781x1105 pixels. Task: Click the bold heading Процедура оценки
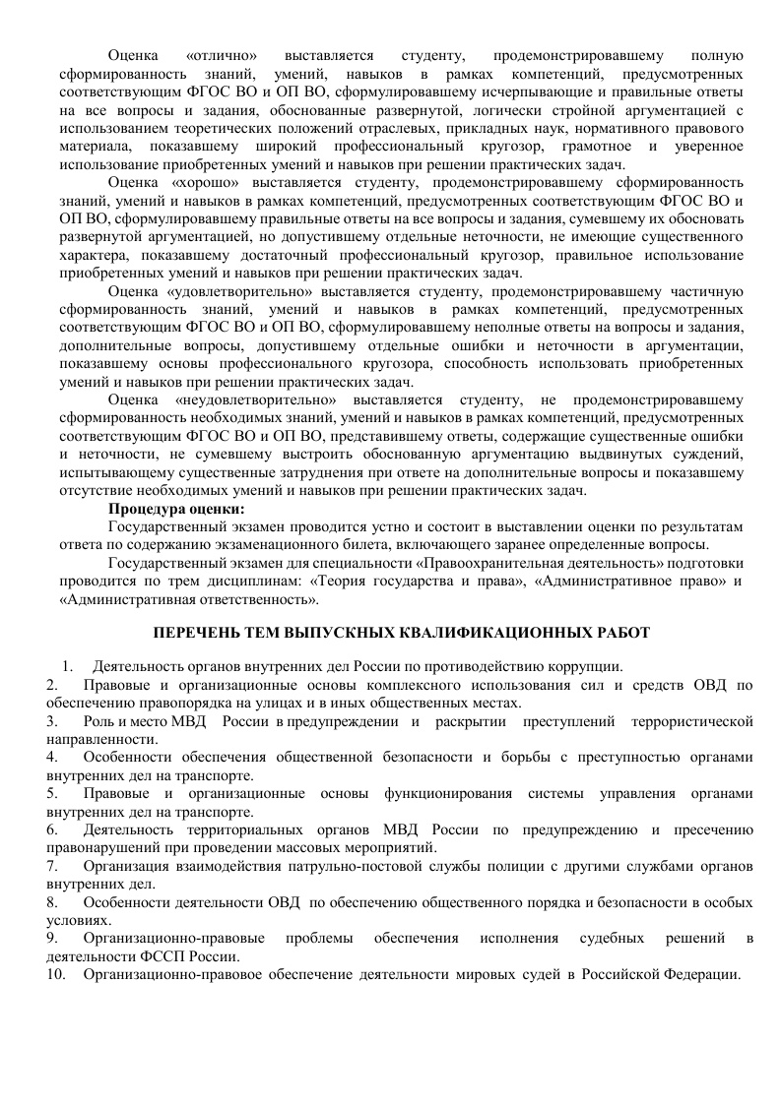point(176,510)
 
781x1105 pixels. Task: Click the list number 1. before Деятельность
point(68,667)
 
